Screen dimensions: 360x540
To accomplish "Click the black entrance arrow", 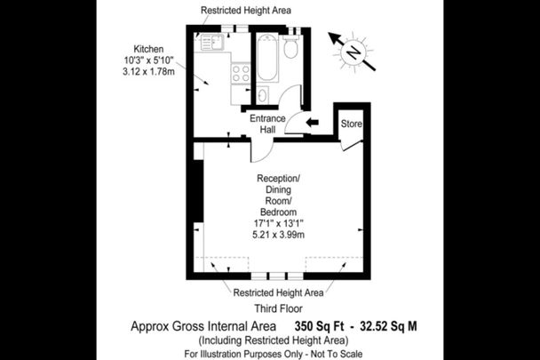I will coord(311,124).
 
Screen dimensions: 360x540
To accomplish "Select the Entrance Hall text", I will coord(266,124).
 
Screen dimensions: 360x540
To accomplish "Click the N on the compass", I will coord(353,52).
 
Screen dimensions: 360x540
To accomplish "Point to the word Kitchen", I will coord(149,49).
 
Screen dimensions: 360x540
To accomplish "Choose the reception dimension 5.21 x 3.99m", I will coord(278,236).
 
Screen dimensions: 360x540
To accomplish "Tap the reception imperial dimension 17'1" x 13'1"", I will coord(278,224).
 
